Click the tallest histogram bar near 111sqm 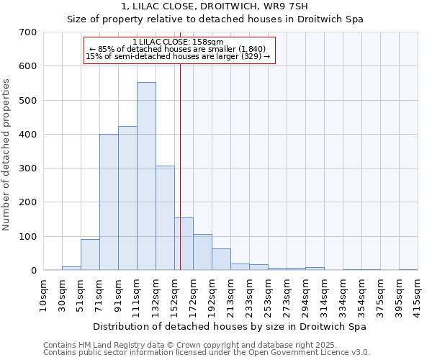tap(146, 176)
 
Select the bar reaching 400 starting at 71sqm tap(109, 202)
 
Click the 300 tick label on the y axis tap(28, 168)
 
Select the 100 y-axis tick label tap(28, 237)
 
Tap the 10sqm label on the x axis tap(44, 294)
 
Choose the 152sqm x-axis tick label tap(175, 294)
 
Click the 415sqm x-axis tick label tap(418, 294)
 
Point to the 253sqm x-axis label tap(269, 294)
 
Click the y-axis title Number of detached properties tap(7, 155)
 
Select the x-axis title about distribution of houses tap(230, 327)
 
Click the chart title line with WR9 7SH tap(215, 6)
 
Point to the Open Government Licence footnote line tap(206, 353)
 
